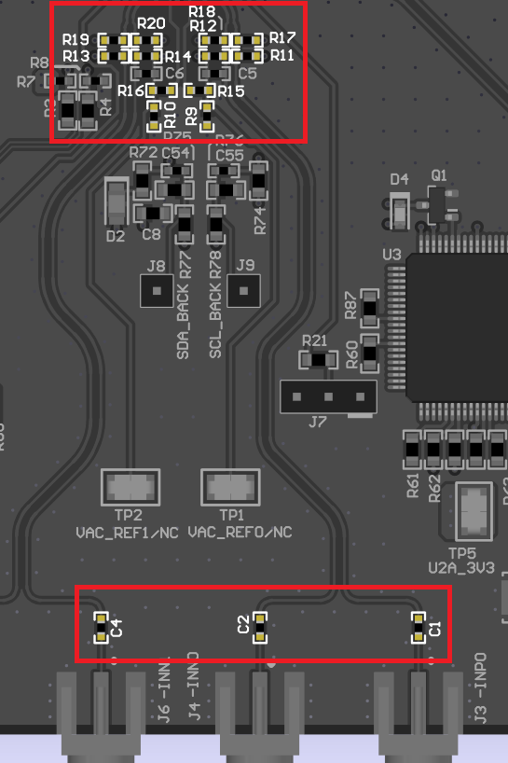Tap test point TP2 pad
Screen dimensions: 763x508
tap(129, 487)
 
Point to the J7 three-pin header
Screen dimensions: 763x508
tap(328, 396)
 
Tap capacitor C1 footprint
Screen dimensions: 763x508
tap(420, 628)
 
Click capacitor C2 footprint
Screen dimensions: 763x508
tap(260, 628)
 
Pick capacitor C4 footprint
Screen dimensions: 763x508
tap(102, 628)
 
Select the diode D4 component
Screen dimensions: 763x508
tap(400, 211)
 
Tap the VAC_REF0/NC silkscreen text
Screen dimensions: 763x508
tap(240, 533)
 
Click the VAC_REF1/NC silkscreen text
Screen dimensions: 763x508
tap(128, 533)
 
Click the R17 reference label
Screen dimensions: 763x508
tap(282, 37)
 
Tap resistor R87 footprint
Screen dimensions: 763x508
tap(370, 304)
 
